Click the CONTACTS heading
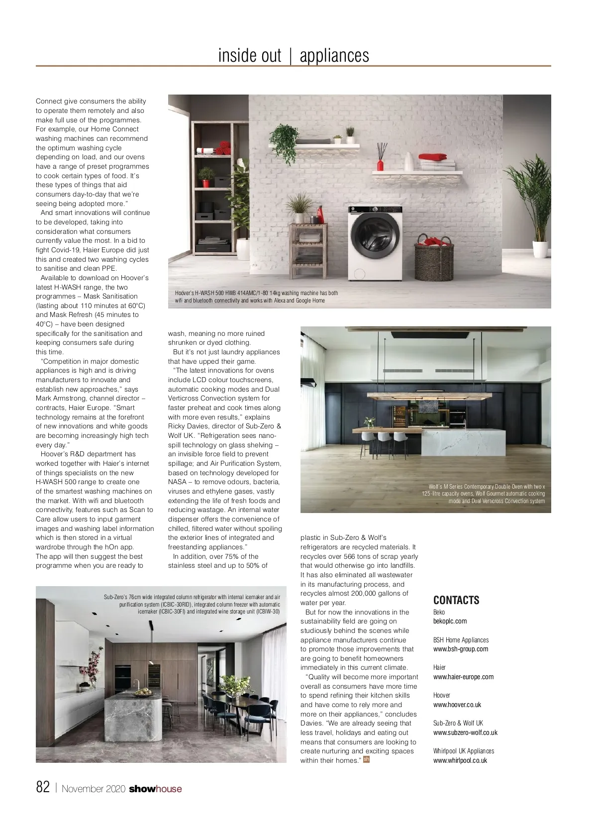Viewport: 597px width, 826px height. pos(456,600)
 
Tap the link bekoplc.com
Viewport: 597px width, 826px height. pos(450,621)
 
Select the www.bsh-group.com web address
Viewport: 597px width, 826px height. pos(460,649)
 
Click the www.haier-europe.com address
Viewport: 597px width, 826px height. pos(463,677)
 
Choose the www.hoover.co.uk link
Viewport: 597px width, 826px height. pos(457,705)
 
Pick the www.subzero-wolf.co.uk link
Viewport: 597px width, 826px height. pos(465,732)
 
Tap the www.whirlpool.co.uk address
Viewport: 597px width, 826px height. pos(460,760)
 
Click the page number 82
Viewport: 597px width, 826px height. pos(43,787)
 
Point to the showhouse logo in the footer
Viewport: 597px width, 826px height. pos(155,789)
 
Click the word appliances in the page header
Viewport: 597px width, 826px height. pos(334,55)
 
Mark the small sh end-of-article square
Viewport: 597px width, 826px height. pos(367,759)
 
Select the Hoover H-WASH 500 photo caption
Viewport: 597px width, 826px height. pos(256,297)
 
